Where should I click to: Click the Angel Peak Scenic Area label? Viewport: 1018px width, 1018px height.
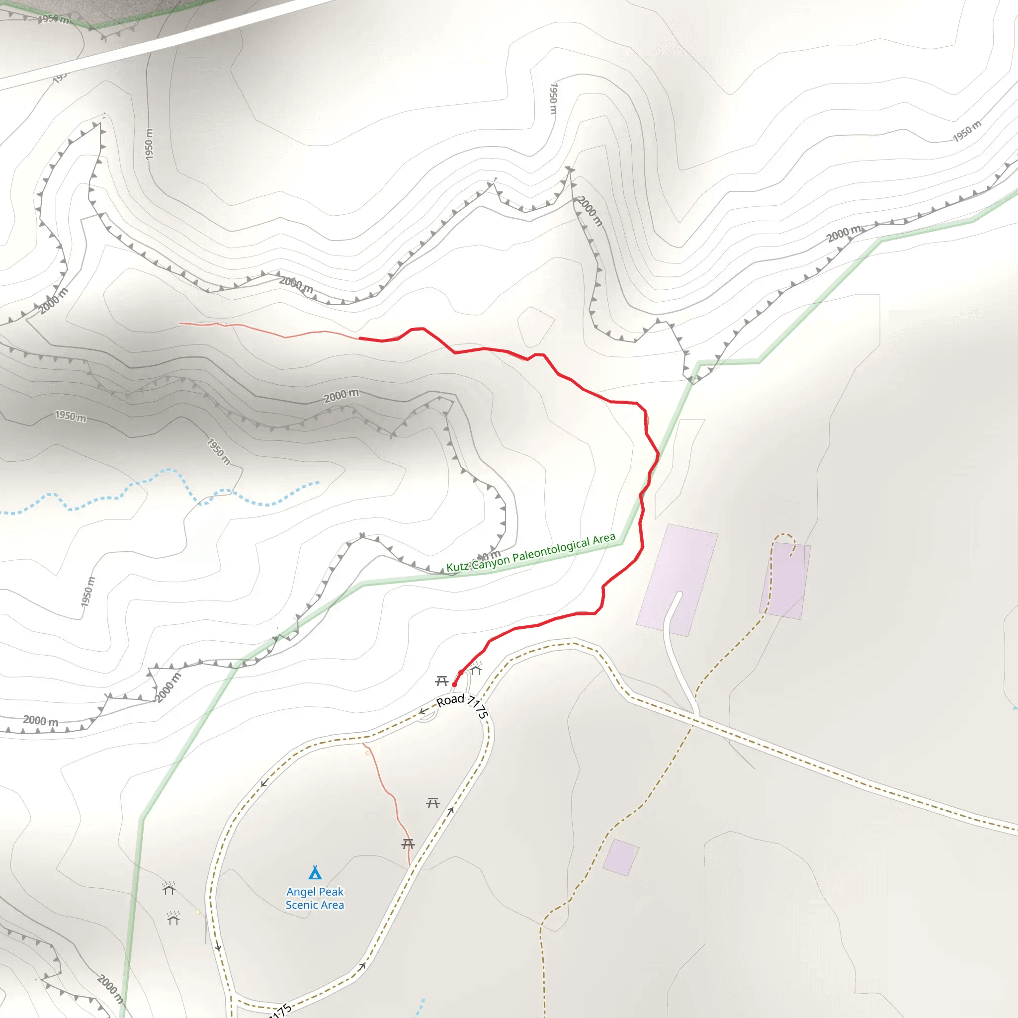click(x=315, y=898)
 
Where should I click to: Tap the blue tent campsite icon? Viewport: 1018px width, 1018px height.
click(x=315, y=872)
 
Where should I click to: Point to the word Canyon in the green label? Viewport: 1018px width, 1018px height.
click(x=491, y=562)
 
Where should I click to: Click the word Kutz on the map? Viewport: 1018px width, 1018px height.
click(x=457, y=567)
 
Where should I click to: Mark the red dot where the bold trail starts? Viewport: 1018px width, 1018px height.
click(x=454, y=684)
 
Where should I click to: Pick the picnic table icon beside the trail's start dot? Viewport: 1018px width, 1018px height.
click(x=441, y=681)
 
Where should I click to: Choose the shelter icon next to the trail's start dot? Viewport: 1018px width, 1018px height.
click(x=476, y=669)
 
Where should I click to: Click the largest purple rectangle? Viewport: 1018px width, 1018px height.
click(x=677, y=580)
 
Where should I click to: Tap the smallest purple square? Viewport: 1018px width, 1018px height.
click(x=621, y=858)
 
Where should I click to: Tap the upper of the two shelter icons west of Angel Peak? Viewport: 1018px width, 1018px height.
click(x=169, y=889)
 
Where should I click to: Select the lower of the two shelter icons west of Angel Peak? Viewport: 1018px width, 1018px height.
click(x=173, y=919)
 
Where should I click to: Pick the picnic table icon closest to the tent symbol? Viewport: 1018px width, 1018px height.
click(x=408, y=844)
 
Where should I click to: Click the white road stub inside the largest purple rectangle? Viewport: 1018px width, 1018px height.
click(x=673, y=611)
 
